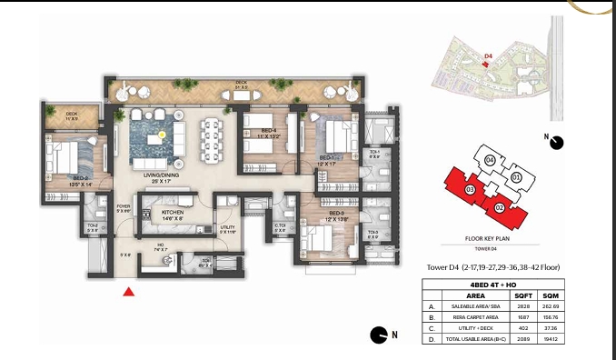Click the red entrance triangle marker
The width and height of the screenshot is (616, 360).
point(129,292)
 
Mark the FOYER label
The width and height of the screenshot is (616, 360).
point(124,207)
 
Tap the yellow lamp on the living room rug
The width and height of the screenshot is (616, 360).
point(163,135)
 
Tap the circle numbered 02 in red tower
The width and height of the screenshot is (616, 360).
point(500,207)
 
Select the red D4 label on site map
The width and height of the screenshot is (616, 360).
point(488,56)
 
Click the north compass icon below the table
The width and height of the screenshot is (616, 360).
point(379,336)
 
